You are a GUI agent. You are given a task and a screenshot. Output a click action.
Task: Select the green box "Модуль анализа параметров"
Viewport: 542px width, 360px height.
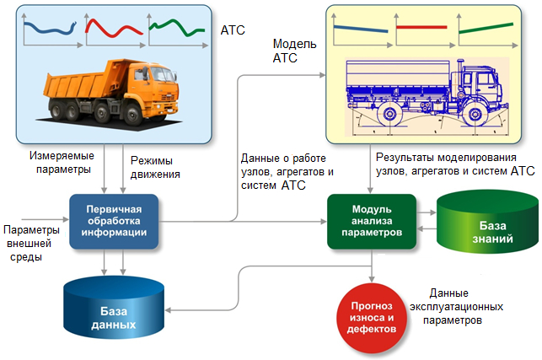(372, 222)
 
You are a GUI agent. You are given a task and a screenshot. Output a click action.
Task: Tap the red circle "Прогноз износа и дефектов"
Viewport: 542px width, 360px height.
(372, 311)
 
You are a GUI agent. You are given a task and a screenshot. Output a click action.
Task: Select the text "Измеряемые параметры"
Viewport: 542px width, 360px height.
(62, 162)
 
